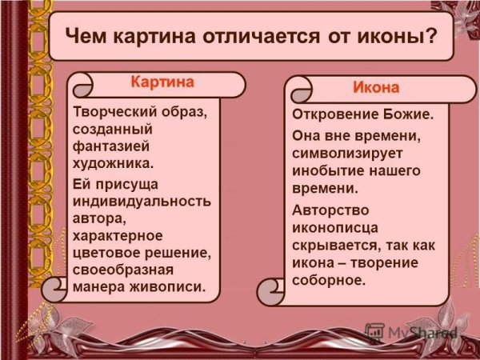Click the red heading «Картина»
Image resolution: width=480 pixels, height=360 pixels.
pos(162,82)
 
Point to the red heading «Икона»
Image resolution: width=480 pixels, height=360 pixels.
pos(376,86)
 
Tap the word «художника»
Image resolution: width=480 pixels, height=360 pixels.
pos(111,164)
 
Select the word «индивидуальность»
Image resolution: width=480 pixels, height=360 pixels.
pos(142,200)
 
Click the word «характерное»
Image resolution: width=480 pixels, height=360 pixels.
pos(118,235)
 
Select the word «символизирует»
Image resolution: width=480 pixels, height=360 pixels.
pos(348,152)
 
